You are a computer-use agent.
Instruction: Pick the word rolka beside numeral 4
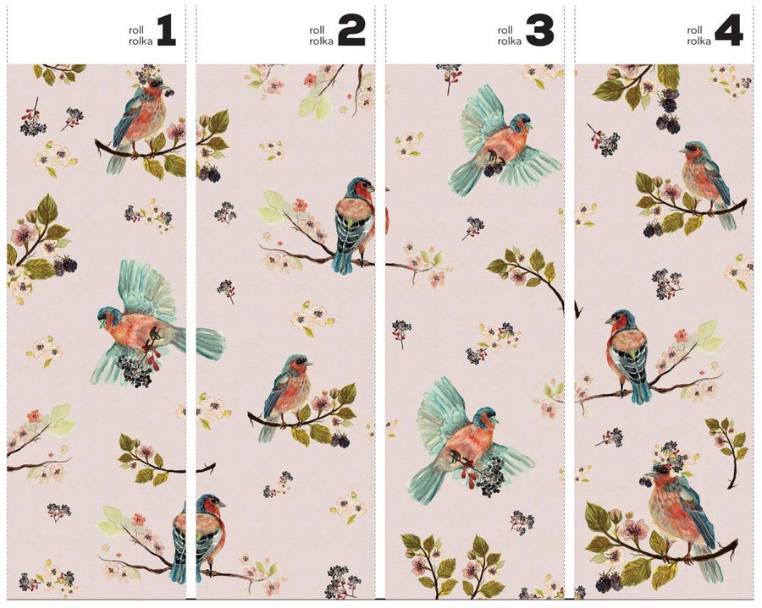pos(698,40)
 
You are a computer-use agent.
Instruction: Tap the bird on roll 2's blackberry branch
pos(288,393)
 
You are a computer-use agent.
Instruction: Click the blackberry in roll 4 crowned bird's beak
pos(646,480)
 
